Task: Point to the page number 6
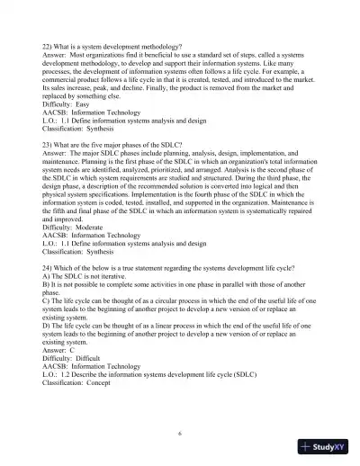[180, 434]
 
